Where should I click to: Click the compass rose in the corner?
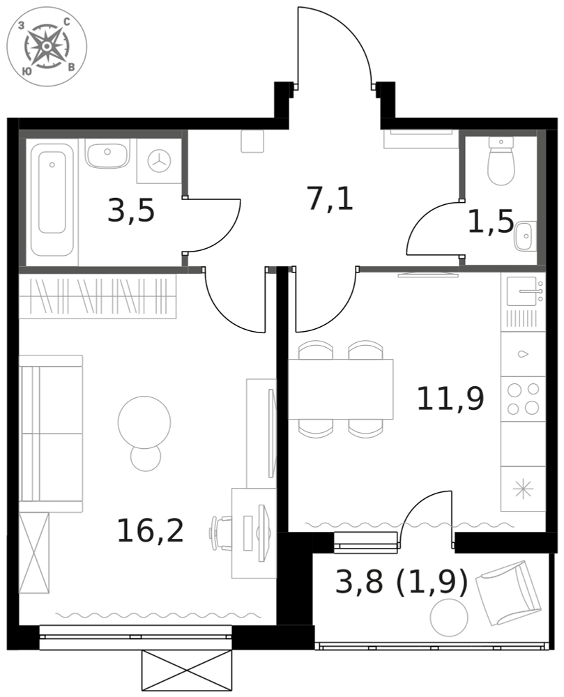(47, 47)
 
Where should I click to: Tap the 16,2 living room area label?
(150, 530)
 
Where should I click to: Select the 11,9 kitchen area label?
(450, 398)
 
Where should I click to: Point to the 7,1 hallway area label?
(330, 199)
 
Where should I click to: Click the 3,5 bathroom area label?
(131, 210)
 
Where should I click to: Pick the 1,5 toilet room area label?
(491, 222)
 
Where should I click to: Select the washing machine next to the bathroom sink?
(159, 160)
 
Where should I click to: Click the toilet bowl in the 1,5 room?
(501, 161)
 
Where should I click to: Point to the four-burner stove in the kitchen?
(523, 399)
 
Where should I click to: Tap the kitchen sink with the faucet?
(523, 291)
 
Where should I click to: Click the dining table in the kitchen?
(341, 390)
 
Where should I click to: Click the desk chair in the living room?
(221, 532)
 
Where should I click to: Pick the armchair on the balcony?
(508, 593)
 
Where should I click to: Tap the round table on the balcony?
(450, 618)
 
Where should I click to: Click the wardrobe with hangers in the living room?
(98, 296)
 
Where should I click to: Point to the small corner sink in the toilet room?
(525, 236)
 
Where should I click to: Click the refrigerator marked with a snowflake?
(523, 489)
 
